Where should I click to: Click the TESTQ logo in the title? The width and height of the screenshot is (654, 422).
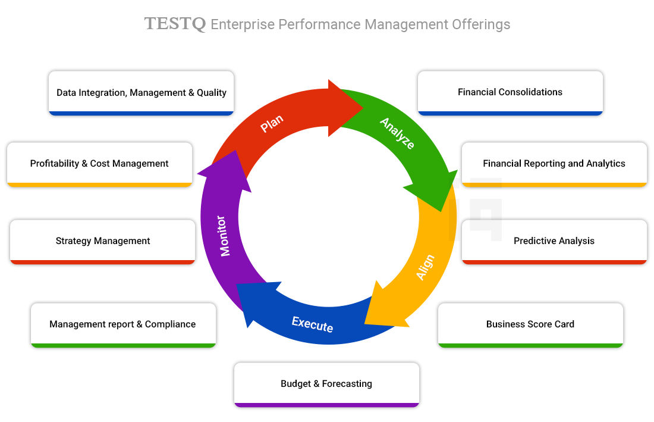tap(175, 24)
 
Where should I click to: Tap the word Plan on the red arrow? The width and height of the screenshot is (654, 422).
tap(272, 124)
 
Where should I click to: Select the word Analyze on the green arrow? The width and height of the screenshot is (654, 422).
tap(397, 133)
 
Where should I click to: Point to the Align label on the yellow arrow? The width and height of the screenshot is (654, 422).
tap(425, 267)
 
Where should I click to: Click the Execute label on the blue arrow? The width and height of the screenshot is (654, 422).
tap(312, 324)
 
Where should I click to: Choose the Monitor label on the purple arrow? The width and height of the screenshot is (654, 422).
tap(225, 235)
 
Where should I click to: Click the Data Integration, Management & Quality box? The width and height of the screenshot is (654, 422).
tap(142, 92)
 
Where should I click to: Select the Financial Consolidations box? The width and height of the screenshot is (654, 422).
tap(510, 92)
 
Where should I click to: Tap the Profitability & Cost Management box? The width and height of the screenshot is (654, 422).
tap(99, 164)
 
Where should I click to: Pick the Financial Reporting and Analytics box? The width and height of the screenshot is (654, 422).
tap(554, 164)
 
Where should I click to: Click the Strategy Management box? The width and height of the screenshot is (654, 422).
tap(103, 241)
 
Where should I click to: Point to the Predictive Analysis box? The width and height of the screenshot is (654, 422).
tap(554, 241)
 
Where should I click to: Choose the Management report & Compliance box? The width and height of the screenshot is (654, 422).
tap(122, 324)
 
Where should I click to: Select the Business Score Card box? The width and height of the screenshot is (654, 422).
tap(530, 324)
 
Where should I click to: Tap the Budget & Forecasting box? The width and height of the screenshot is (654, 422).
tap(326, 384)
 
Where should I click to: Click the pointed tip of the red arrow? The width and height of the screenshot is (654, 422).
tap(362, 108)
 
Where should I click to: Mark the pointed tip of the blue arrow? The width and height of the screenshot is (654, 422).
tap(238, 285)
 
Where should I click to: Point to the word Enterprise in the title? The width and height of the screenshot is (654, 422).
tap(243, 24)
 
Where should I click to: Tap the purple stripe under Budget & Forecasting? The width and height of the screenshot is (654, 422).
tap(326, 405)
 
